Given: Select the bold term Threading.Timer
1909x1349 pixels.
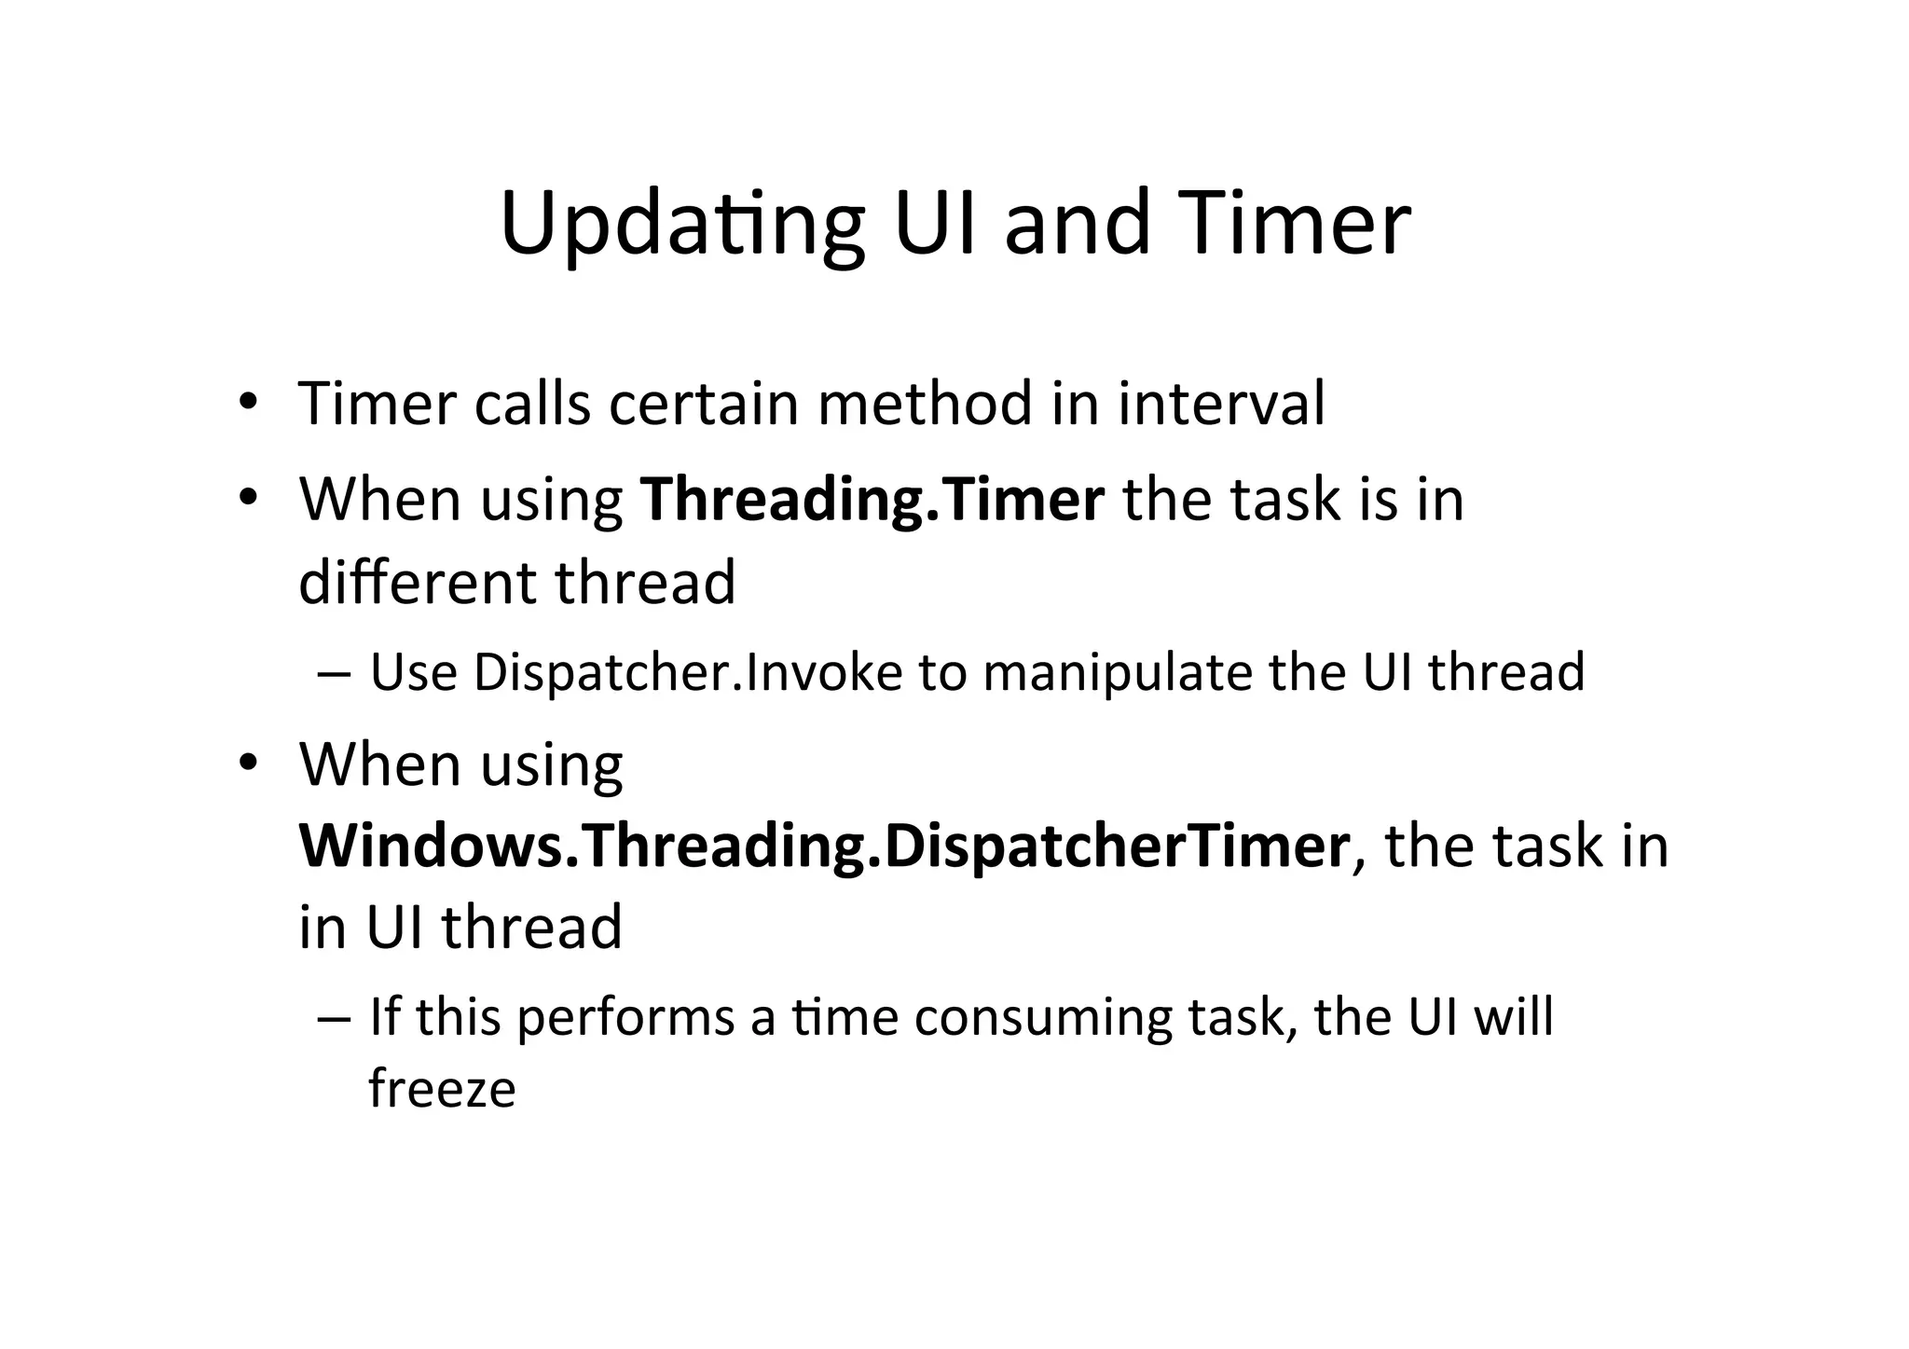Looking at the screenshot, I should (872, 499).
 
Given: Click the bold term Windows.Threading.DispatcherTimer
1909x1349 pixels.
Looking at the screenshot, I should (824, 846).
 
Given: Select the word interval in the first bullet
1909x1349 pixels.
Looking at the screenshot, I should (1221, 404).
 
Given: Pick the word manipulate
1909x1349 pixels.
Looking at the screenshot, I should (1118, 672).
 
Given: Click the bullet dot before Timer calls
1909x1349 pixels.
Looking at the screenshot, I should (247, 403).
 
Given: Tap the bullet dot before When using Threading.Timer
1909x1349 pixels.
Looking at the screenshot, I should (247, 498).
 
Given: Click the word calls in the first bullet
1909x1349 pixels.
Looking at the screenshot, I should (532, 404).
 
